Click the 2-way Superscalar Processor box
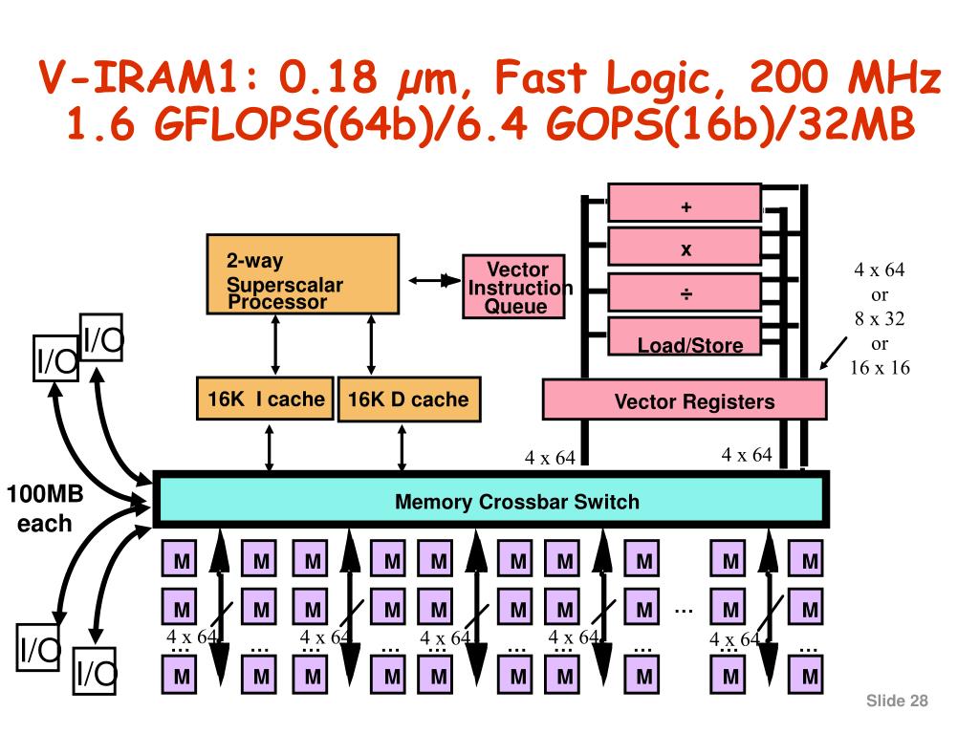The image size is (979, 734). point(303,274)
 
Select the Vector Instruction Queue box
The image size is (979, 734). point(513,287)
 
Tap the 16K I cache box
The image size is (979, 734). point(265,399)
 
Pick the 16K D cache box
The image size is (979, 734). point(409,399)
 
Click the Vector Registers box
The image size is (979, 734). point(685,399)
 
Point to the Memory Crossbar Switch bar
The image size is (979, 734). point(491,500)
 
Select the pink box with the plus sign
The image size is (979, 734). point(685,203)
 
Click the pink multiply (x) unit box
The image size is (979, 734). point(685,247)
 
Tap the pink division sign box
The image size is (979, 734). point(685,291)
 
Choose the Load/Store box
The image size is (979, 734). point(685,336)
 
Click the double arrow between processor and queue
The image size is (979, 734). point(435,280)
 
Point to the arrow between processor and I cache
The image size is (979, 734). point(275,345)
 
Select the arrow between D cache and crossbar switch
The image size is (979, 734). point(402,447)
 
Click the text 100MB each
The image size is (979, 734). point(45,508)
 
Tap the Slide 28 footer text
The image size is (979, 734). point(897,701)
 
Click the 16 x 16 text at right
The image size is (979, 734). point(880,368)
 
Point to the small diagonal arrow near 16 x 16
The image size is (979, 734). point(834,353)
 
